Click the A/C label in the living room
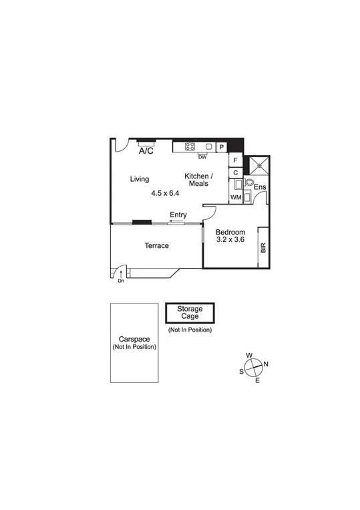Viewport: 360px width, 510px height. [146, 152]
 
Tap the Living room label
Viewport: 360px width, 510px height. [140, 179]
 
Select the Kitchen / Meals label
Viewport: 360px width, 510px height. [198, 179]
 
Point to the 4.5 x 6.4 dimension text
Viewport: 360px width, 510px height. [165, 193]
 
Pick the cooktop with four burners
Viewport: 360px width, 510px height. [190, 146]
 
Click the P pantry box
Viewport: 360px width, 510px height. [220, 146]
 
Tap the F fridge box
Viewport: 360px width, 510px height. [235, 160]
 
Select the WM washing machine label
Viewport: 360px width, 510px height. [235, 198]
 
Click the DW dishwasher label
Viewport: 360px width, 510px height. [202, 157]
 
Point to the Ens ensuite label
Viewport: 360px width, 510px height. [260, 188]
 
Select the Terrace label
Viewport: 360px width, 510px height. [157, 246]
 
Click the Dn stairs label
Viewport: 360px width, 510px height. [121, 281]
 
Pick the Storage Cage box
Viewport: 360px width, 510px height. [190, 313]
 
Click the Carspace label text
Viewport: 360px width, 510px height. [134, 339]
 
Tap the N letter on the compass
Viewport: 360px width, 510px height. [265, 364]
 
